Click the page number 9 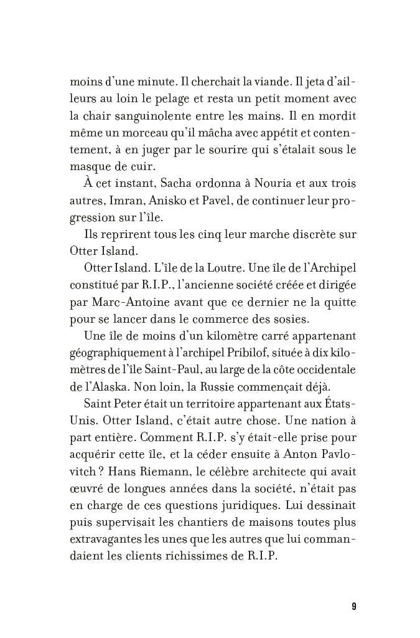(353, 606)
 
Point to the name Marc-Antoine (130, 302)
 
